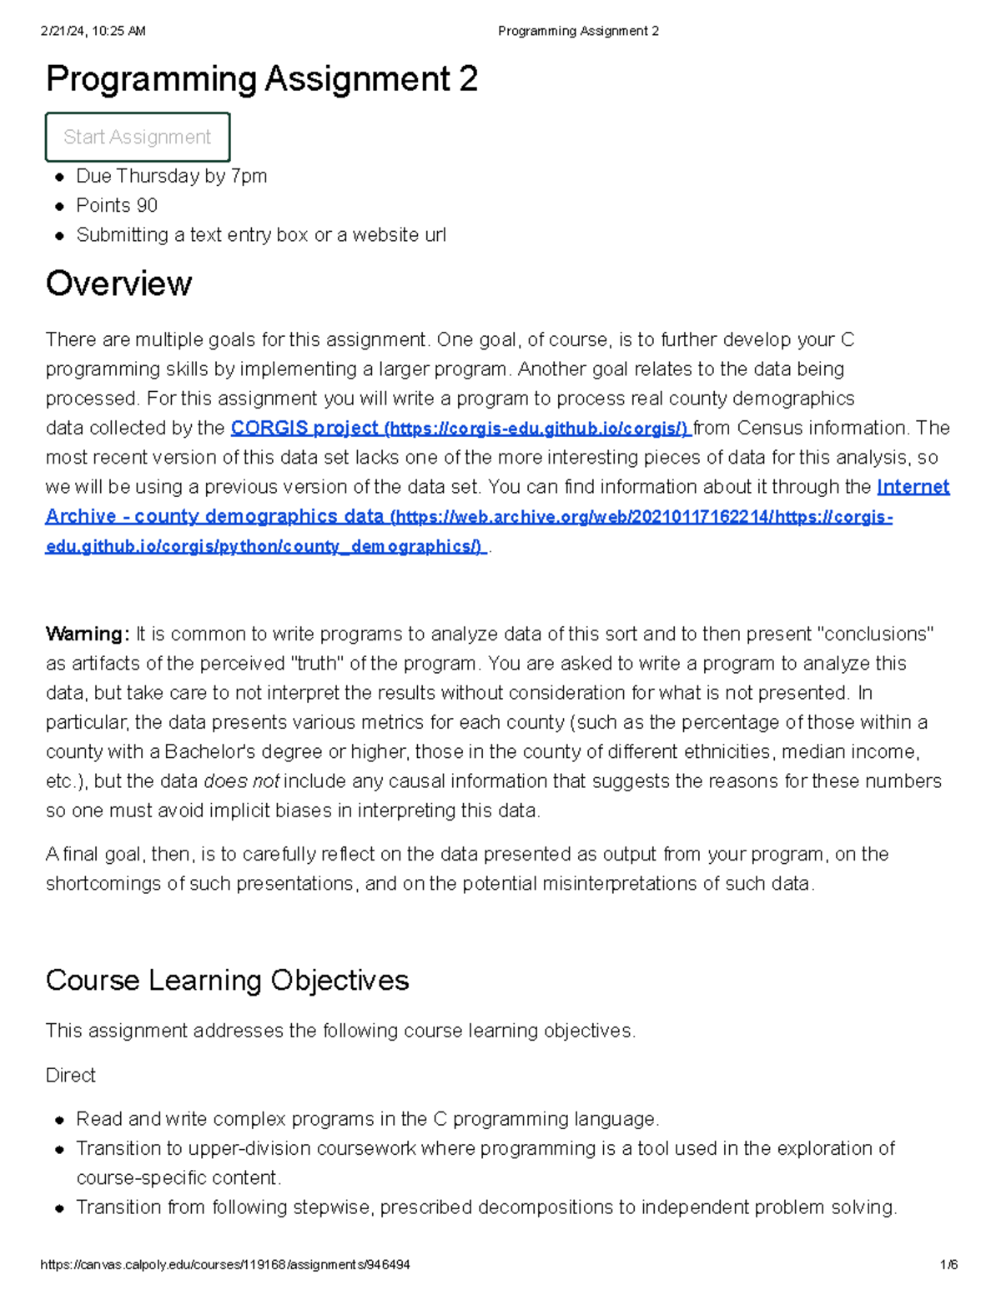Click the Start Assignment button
138,137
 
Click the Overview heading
118,284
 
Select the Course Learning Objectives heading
227,980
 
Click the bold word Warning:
88,634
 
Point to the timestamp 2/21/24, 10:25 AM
93,31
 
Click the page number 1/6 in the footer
948,1265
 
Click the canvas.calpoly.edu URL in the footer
225,1265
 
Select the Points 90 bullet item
117,205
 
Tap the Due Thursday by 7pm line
171,176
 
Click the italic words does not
242,781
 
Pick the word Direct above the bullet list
71,1075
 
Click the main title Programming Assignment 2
262,79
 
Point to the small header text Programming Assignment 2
578,31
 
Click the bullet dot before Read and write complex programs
60,1120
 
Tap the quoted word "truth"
317,664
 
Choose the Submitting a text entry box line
261,235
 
